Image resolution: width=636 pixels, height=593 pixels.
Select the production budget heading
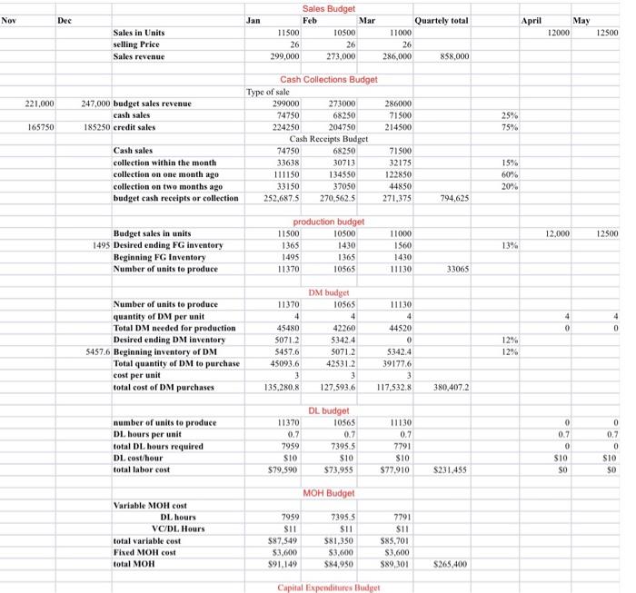coord(328,222)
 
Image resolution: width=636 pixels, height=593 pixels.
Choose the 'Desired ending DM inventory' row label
coord(170,341)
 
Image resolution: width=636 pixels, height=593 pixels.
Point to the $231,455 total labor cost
coord(452,470)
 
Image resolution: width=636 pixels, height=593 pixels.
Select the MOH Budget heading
coord(328,493)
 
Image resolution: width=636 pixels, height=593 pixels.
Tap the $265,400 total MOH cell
coord(452,564)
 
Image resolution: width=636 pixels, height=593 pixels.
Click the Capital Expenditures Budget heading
coord(329,588)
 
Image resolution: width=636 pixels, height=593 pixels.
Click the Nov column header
coord(10,18)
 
